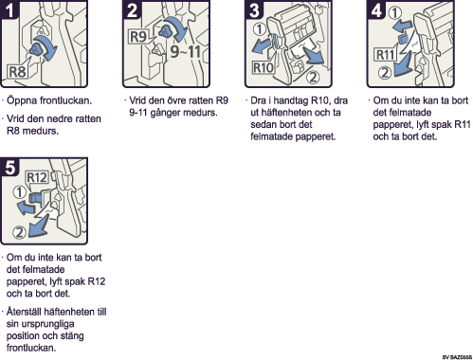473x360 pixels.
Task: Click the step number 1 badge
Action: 9,9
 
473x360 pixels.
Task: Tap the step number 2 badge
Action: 132,9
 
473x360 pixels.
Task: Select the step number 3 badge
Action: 254,9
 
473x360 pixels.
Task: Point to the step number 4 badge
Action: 376,9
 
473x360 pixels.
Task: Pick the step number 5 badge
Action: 9,167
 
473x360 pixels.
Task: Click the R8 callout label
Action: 18,72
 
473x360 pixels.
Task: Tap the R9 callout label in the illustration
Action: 138,36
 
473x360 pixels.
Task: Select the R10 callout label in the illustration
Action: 264,67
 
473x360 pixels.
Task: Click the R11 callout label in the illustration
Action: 386,55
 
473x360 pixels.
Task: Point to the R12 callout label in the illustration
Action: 37,177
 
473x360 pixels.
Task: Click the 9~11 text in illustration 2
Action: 186,51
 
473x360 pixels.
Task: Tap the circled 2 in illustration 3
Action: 313,77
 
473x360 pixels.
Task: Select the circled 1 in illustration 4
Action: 395,13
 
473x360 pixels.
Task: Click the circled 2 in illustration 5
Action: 19,232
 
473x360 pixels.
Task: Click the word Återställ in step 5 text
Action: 24,312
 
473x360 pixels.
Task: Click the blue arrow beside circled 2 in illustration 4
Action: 403,65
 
